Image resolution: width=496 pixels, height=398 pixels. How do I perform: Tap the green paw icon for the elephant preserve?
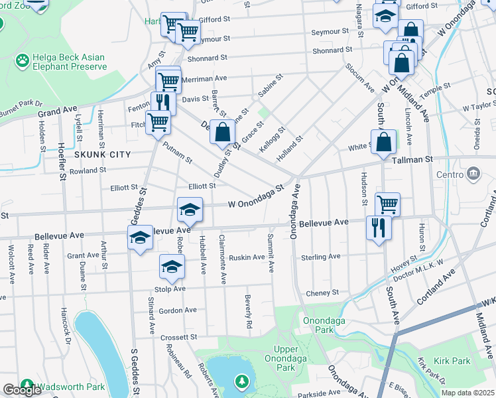point(23,60)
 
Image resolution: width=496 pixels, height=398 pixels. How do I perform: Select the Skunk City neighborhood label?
point(101,154)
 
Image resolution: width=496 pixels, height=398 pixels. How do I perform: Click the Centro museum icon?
point(473,174)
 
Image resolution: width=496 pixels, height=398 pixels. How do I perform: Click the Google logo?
point(22,390)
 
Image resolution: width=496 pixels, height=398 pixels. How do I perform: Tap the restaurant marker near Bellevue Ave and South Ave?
point(379,228)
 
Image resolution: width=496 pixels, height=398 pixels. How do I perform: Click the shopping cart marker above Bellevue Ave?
point(387,204)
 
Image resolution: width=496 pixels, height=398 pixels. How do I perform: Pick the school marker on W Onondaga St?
point(190,211)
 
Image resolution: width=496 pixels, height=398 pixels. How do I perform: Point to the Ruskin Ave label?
point(246,257)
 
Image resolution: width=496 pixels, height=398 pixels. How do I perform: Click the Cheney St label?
point(322,293)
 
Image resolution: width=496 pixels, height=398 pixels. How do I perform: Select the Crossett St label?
point(179,337)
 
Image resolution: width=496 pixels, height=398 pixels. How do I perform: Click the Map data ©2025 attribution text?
point(467,393)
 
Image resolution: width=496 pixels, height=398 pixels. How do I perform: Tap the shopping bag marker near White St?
point(384,141)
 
